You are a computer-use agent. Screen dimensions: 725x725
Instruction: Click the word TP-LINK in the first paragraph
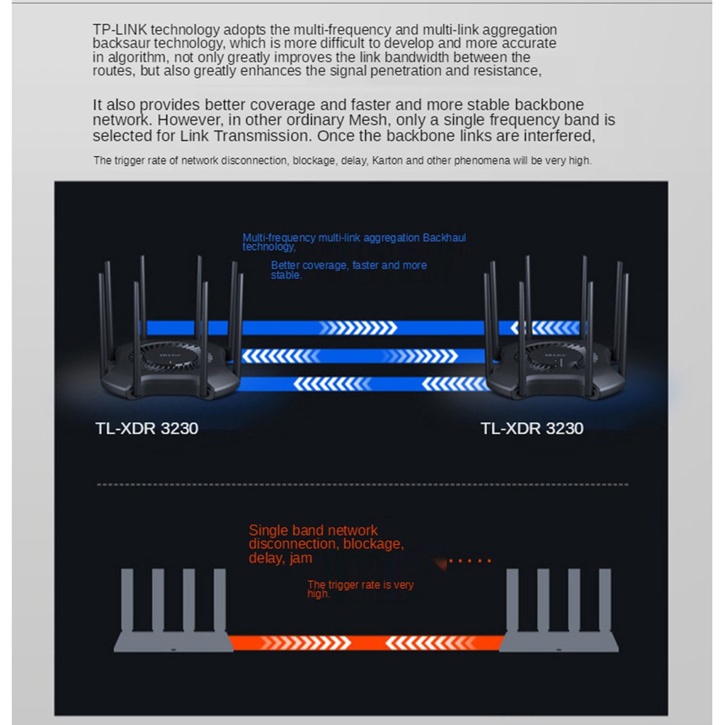click(120, 30)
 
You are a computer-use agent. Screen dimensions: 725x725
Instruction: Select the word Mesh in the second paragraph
click(367, 120)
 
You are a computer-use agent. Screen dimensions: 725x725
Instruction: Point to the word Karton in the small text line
click(387, 161)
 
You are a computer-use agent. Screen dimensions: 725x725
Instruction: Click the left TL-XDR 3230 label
click(147, 428)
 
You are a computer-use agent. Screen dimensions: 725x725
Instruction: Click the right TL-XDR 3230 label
click(532, 428)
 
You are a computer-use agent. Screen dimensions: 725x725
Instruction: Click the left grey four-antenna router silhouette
click(173, 610)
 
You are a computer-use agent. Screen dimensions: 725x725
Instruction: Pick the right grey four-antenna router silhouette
click(559, 610)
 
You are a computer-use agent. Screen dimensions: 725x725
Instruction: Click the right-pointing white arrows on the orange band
click(306, 643)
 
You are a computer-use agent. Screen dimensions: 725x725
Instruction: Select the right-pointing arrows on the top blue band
click(358, 328)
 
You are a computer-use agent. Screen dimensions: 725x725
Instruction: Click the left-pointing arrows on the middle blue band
click(280, 356)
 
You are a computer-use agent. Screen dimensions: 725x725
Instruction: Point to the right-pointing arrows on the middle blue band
click(419, 356)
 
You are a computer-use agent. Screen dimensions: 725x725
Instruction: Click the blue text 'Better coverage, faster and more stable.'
click(348, 270)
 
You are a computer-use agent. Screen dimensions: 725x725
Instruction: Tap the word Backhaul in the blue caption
click(444, 238)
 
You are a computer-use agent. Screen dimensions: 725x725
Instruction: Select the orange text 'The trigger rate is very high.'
click(360, 589)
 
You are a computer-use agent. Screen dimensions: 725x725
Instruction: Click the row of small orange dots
click(469, 561)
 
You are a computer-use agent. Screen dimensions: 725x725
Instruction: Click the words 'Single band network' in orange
click(313, 530)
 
